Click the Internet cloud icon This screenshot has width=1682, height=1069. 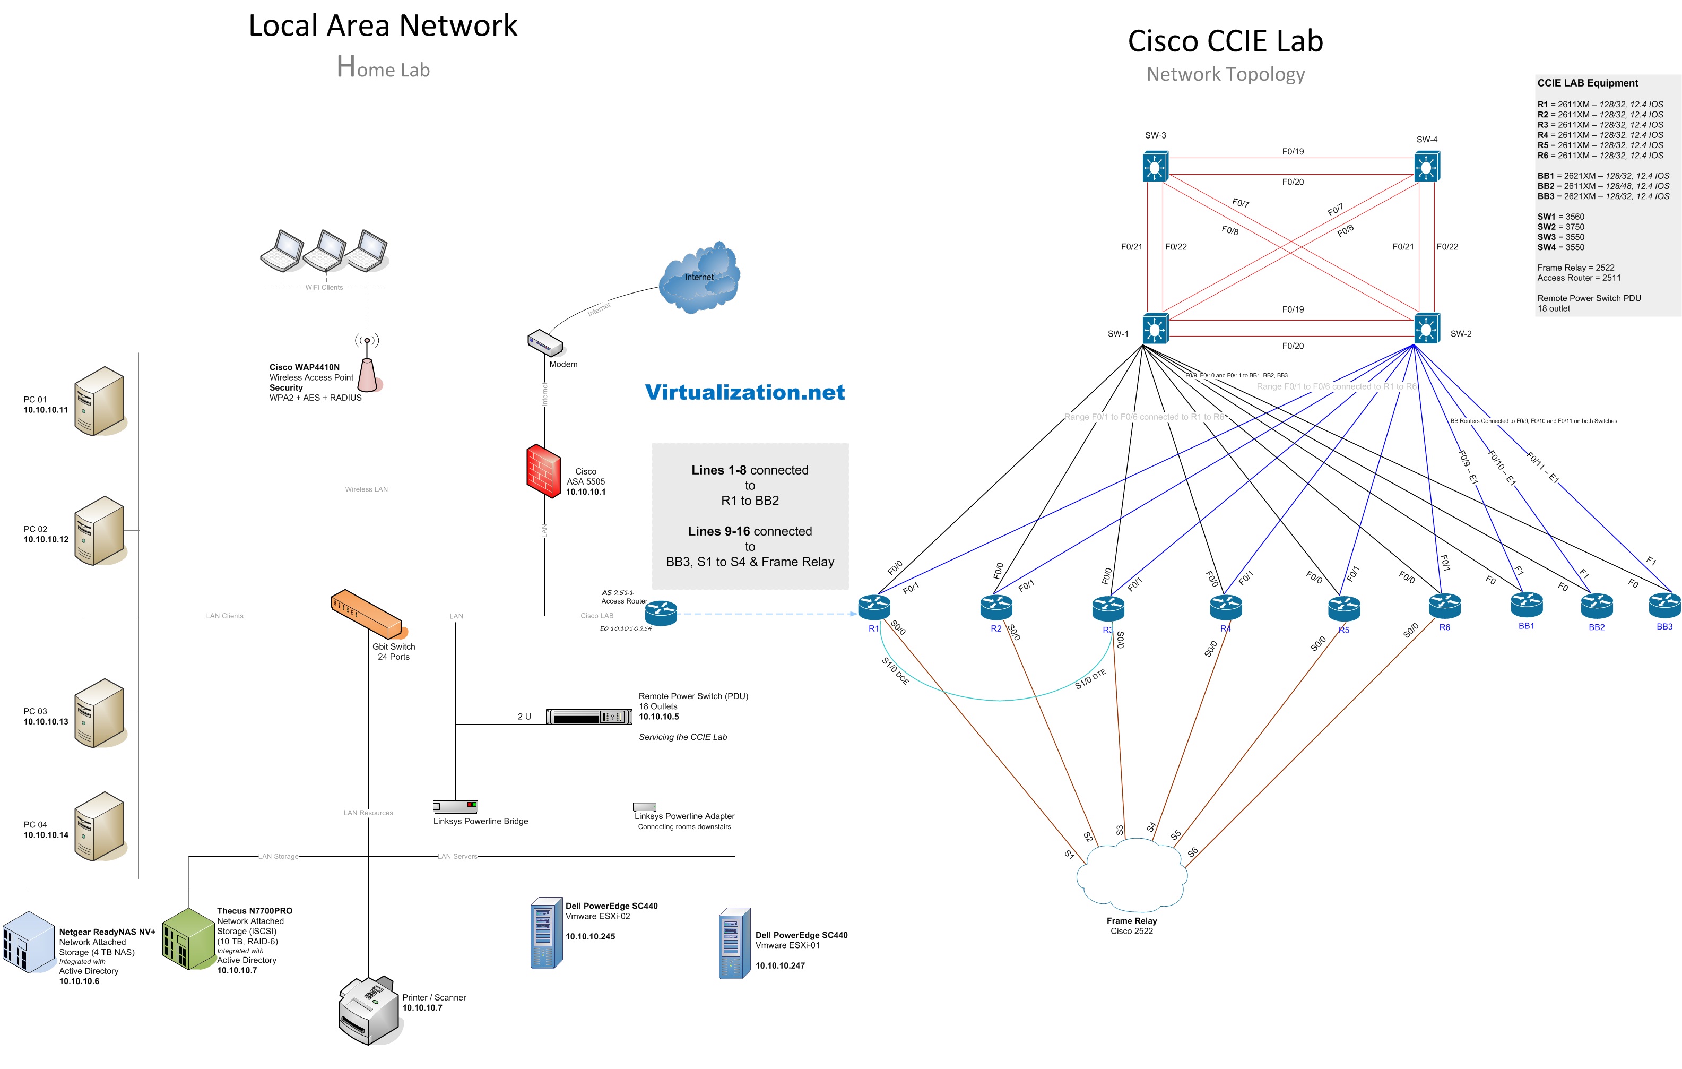click(x=699, y=278)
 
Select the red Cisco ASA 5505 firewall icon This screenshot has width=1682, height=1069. click(x=543, y=470)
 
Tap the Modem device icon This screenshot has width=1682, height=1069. click(x=545, y=342)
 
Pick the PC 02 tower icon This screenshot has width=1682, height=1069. click(x=100, y=530)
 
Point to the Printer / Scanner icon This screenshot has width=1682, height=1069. click(x=369, y=1010)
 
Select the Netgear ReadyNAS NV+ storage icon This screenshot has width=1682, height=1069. click(x=29, y=942)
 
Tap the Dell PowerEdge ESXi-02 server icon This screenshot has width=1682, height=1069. click(x=546, y=933)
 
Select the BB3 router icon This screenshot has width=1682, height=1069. click(x=1664, y=605)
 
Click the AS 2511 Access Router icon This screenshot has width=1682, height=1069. click(x=661, y=614)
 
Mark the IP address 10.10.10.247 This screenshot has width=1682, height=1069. click(x=779, y=965)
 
